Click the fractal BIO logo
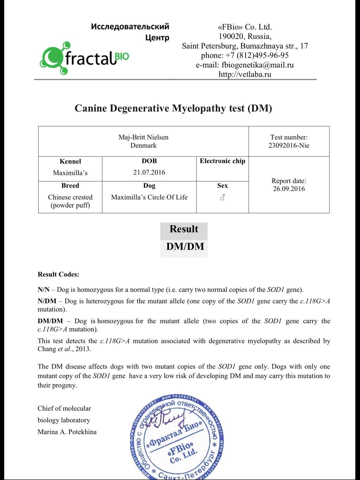point(84,58)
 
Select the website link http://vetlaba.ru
point(245,74)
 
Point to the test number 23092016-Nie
point(289,146)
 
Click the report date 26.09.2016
point(289,189)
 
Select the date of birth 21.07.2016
point(149,172)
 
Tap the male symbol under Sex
point(222,198)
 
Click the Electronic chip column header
point(222,161)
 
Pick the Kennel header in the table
point(70,161)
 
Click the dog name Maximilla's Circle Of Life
point(149,197)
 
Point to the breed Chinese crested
point(70,197)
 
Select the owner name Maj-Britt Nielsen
point(143,137)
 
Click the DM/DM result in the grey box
point(185,247)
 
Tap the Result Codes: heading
point(58,275)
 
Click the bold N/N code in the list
point(44,290)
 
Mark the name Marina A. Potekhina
point(67,432)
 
